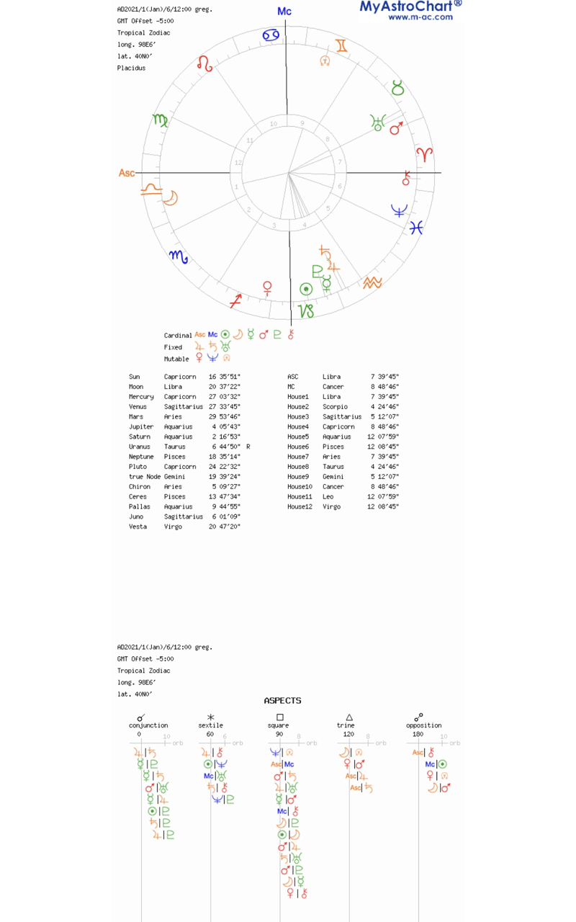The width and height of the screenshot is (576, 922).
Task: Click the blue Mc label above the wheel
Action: click(284, 12)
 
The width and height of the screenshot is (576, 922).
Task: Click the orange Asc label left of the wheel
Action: click(127, 173)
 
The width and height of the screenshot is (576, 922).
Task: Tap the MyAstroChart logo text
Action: click(410, 6)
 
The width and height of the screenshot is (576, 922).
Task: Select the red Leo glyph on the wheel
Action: click(205, 63)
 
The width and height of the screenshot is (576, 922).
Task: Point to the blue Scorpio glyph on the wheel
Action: click(178, 256)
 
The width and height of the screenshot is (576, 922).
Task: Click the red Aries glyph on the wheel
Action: click(426, 153)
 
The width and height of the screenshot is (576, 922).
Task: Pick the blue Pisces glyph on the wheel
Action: click(416, 228)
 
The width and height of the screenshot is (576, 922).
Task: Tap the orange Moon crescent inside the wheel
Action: click(171, 197)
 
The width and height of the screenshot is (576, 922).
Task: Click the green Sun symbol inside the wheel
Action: click(306, 290)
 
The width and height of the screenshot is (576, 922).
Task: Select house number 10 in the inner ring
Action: click(274, 124)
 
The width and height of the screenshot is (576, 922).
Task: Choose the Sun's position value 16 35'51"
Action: click(224, 377)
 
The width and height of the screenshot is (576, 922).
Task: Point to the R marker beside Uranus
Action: click(248, 447)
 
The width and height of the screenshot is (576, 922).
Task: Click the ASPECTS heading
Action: click(282, 700)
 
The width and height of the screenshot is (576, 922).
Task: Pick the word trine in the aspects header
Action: click(346, 725)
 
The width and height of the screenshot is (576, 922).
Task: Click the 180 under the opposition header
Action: click(418, 734)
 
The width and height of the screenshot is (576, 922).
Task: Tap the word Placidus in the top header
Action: click(131, 68)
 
